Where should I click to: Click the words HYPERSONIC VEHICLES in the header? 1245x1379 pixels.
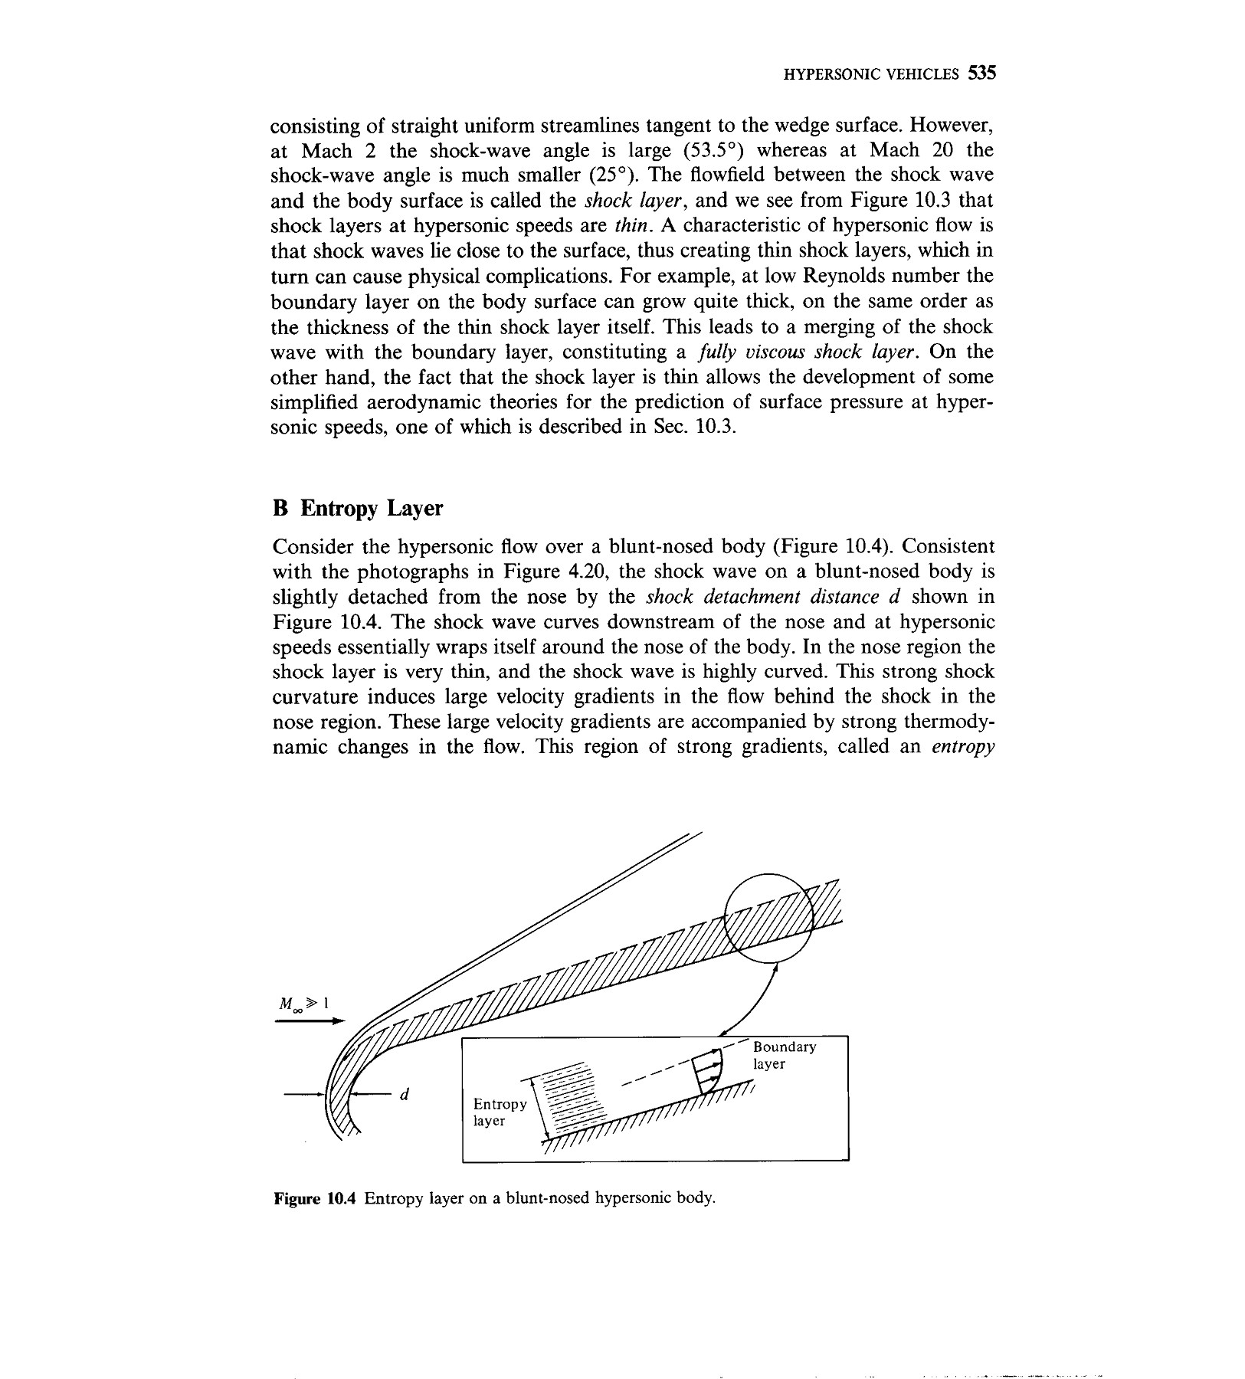(x=870, y=74)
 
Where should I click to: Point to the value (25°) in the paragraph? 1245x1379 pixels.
(x=608, y=175)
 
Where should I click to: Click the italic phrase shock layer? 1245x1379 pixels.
(x=629, y=201)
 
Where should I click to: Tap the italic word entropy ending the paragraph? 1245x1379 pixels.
(x=962, y=747)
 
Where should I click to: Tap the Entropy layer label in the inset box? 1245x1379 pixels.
(x=499, y=1112)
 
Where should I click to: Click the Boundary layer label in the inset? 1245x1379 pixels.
(x=784, y=1055)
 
